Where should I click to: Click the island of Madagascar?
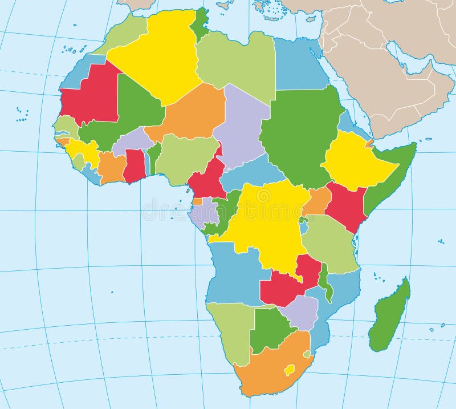pyautogui.click(x=390, y=317)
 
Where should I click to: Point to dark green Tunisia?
pyautogui.click(x=199, y=23)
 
